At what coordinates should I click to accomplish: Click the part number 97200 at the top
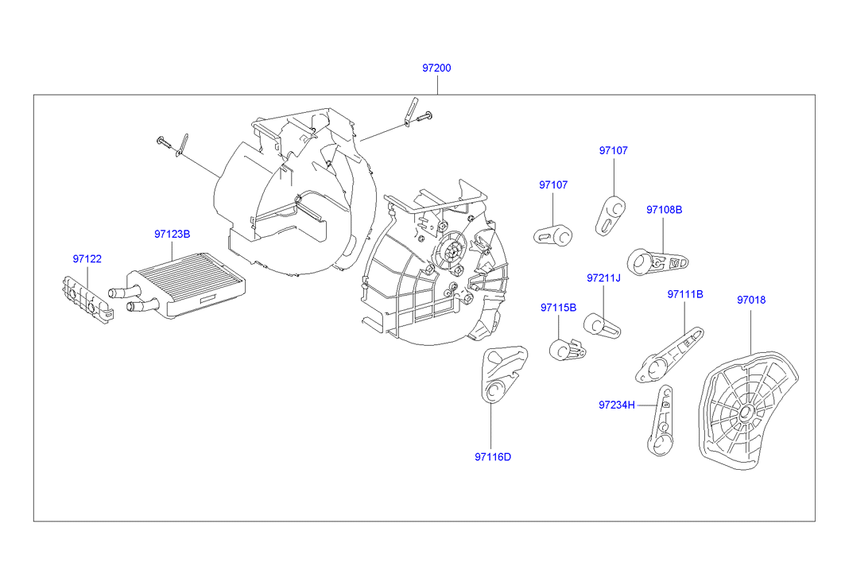pyautogui.click(x=436, y=68)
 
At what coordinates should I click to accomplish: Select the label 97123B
pyautogui.click(x=172, y=235)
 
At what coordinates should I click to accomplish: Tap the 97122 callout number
pyautogui.click(x=87, y=259)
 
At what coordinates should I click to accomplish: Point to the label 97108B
pyautogui.click(x=664, y=210)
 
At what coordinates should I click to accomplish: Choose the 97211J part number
pyautogui.click(x=603, y=278)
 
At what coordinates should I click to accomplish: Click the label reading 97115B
pyautogui.click(x=558, y=307)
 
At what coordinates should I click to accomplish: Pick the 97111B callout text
pyautogui.click(x=684, y=294)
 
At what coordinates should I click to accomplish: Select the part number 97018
pyautogui.click(x=750, y=300)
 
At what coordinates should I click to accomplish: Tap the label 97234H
pyautogui.click(x=617, y=405)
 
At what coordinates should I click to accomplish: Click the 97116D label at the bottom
pyautogui.click(x=493, y=456)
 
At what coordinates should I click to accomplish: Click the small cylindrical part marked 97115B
pyautogui.click(x=567, y=348)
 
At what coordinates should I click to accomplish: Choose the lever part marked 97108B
pyautogui.click(x=655, y=261)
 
